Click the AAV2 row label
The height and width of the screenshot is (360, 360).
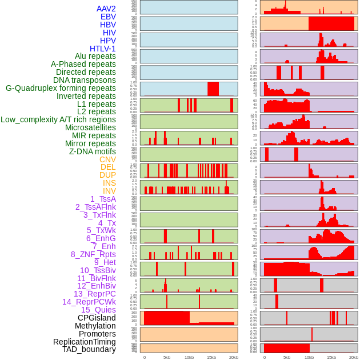(106, 9)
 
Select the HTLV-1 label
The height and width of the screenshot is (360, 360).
(102, 49)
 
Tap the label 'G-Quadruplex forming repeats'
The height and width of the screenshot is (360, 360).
(61, 88)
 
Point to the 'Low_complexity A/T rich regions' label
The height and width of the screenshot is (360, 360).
(58, 119)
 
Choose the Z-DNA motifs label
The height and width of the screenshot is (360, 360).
(92, 151)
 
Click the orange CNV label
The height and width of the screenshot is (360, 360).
(107, 159)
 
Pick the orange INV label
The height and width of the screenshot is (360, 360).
(109, 191)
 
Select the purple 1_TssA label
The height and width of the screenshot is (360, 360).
(103, 199)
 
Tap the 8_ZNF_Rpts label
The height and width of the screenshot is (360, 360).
(93, 254)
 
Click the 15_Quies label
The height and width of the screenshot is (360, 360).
(98, 310)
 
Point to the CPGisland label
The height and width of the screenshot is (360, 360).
(97, 318)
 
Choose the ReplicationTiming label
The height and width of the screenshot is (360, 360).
(84, 342)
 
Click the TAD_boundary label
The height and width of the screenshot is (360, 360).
(89, 349)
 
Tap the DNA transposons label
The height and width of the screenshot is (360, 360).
(85, 80)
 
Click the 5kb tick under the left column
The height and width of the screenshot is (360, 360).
(167, 357)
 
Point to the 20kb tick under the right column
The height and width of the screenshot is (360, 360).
(354, 357)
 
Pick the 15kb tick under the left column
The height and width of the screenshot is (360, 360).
(211, 357)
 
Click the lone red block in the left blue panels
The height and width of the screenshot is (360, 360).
(213, 89)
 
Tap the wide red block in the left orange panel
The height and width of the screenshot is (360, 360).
(167, 318)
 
